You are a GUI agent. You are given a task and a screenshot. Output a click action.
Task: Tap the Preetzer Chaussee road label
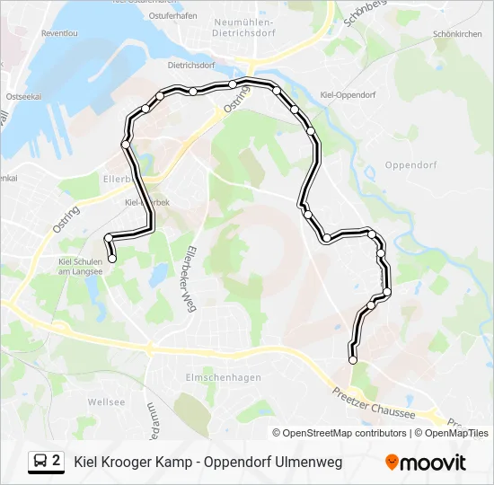(374, 402)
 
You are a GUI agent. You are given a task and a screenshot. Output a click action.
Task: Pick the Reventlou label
(60, 33)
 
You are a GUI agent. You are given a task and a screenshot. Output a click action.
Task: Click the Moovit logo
(426, 463)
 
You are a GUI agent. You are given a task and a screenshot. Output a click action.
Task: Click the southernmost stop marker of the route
(352, 360)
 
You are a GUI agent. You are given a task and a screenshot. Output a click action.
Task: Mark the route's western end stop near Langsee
(112, 259)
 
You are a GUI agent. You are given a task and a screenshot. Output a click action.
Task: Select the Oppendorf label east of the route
(409, 164)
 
